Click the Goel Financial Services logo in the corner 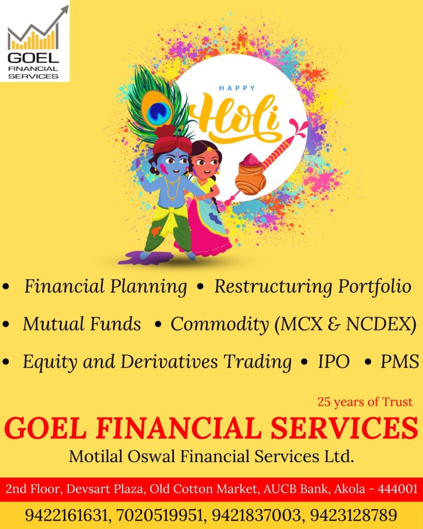[35, 41]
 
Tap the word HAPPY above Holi [237, 88]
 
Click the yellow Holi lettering [236, 118]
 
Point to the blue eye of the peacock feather [157, 111]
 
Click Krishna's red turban [171, 140]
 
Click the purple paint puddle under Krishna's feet [146, 258]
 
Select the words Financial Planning [105, 287]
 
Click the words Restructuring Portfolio [312, 287]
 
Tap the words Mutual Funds [82, 324]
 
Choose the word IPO [334, 362]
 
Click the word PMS [400, 362]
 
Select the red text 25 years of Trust [365, 402]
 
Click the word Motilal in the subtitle [96, 457]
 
